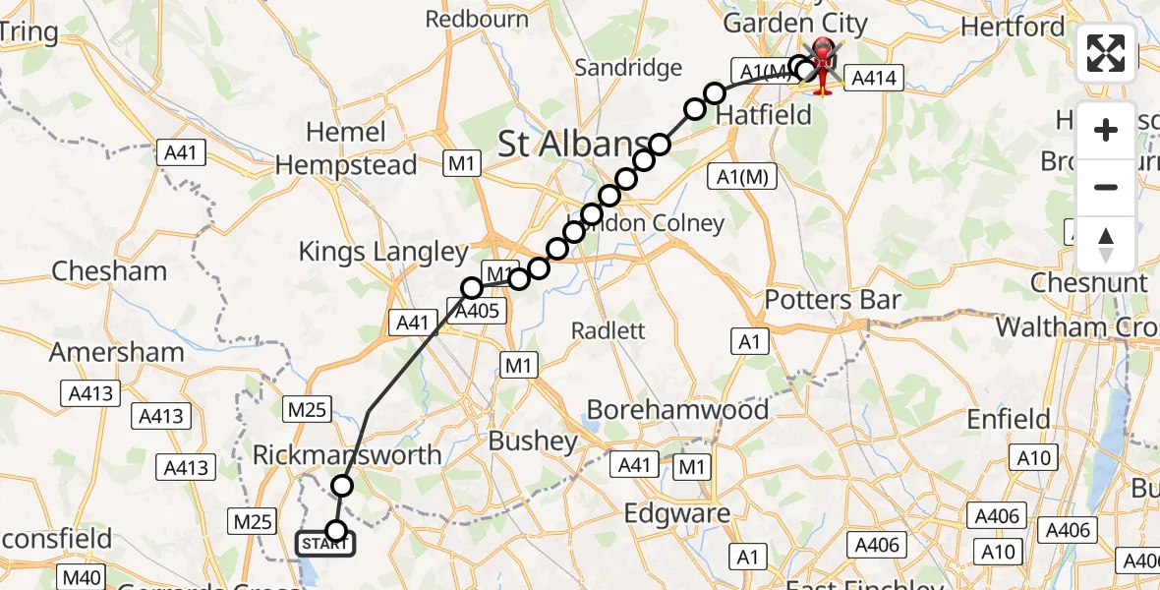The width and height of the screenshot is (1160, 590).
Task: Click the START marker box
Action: (x=323, y=544)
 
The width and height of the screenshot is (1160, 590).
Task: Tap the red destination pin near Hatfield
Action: (x=822, y=65)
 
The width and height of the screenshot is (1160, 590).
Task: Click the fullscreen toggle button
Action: (x=1106, y=53)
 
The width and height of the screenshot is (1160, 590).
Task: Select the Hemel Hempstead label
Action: (x=346, y=148)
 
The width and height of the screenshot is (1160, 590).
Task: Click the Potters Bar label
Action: (x=833, y=299)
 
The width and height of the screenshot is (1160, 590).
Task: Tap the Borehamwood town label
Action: (x=677, y=409)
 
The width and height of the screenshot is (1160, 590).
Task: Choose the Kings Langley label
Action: (x=383, y=252)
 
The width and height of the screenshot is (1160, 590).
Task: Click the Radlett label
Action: (x=609, y=330)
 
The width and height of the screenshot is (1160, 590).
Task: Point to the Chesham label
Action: (x=108, y=270)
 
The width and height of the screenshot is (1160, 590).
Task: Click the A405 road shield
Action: (x=482, y=312)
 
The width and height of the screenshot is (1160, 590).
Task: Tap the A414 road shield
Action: (x=872, y=79)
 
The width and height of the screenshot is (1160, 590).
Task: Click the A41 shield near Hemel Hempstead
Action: (x=181, y=152)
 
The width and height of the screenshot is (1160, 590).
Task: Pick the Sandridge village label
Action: (x=628, y=68)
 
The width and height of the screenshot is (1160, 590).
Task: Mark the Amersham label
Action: (x=116, y=352)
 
